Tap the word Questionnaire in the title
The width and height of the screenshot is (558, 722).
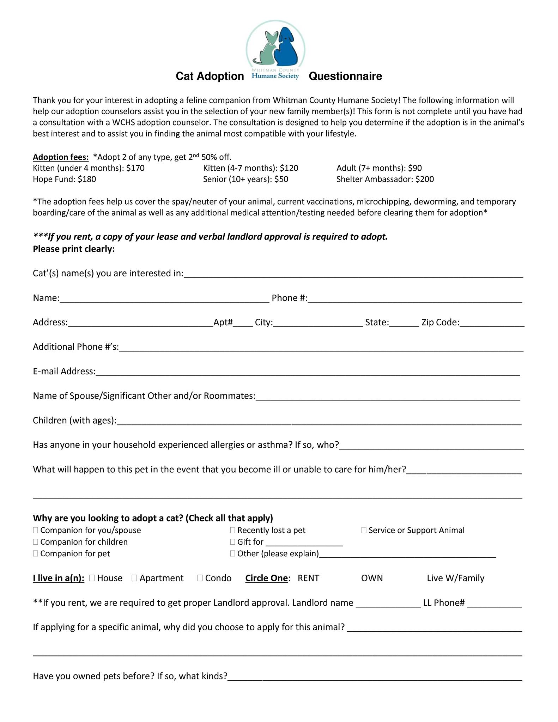point(345,76)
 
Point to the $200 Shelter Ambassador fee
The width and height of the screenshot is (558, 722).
point(425,179)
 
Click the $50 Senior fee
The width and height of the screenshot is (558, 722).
point(281,179)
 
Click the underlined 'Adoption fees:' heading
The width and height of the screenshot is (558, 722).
point(61,157)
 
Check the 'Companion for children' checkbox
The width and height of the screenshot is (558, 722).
point(36,542)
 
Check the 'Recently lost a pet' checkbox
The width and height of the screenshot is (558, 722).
point(232,530)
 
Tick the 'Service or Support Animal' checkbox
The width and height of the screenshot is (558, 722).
point(364,530)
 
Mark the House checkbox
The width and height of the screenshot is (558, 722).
point(92,578)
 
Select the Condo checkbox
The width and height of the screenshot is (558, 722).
point(200,578)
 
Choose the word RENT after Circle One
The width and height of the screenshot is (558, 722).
point(308,578)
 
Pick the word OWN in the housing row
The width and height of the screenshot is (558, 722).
point(372,578)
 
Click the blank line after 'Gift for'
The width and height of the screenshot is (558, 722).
point(304,543)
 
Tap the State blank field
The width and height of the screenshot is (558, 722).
point(404,324)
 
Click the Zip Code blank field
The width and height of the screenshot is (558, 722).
point(492,324)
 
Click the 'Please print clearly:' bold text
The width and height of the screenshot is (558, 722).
point(74,249)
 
